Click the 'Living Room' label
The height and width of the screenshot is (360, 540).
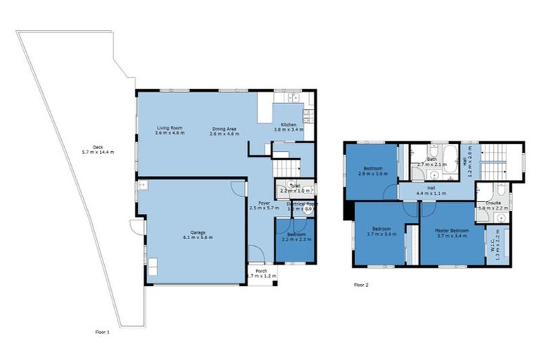(x=169, y=127)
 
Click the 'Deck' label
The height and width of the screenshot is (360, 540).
(x=88, y=147)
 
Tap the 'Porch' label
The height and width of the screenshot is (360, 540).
(x=261, y=271)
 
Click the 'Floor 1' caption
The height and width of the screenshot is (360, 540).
(x=103, y=331)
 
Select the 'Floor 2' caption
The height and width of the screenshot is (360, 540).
(x=361, y=285)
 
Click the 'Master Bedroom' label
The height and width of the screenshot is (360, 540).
(x=452, y=229)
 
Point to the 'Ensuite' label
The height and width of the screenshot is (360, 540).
(x=493, y=202)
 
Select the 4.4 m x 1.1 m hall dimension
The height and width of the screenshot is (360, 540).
(x=432, y=193)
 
